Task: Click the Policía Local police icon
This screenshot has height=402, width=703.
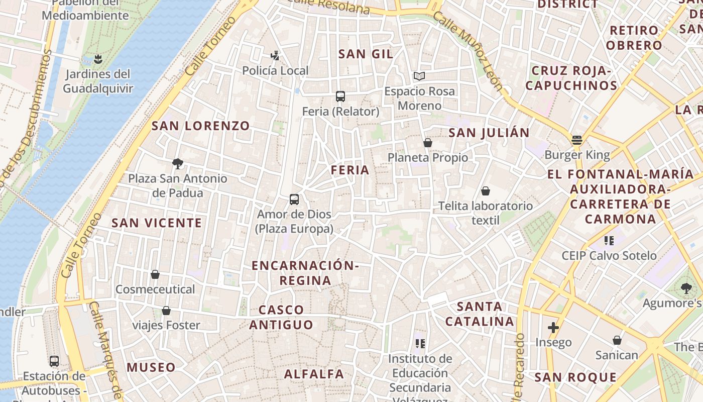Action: pos(275,55)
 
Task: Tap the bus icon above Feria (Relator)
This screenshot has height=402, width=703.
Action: pos(340,96)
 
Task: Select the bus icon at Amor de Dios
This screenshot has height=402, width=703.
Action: pos(294,199)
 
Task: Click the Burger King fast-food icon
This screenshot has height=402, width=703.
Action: pos(577,140)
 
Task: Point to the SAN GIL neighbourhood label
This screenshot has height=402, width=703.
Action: pos(366,54)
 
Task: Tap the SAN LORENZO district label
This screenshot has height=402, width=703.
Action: pos(200,126)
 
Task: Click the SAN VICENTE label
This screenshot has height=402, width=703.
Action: pos(157,223)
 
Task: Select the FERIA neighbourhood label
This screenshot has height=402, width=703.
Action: pos(350,170)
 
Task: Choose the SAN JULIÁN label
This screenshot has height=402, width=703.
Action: pos(489,133)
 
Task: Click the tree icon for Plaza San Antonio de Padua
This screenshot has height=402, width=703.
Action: pos(177,163)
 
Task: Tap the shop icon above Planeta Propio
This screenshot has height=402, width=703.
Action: pos(428,143)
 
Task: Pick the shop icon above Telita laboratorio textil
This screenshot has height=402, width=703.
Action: pos(486,191)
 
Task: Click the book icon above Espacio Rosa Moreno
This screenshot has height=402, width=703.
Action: pos(419,76)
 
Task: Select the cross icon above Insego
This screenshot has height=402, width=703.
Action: pos(553,328)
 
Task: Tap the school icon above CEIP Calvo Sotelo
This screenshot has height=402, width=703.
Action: pos(609,241)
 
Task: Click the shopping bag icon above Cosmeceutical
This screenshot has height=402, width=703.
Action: pos(155,274)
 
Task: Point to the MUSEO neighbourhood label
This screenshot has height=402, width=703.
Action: pos(151,367)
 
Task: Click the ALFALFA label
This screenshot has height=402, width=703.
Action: pos(314,374)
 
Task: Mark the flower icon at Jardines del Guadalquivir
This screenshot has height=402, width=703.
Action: pos(98,60)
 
